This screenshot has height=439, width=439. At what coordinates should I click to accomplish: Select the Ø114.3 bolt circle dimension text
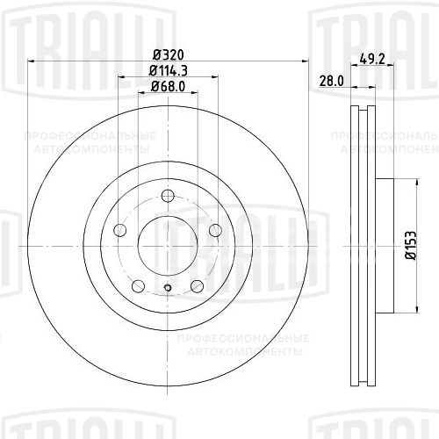[x=166, y=69]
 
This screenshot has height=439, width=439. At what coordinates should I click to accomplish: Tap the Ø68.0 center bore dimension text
[x=166, y=86]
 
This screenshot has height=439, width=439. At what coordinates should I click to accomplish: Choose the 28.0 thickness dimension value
[x=330, y=81]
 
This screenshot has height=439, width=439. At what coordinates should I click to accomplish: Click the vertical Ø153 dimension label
[x=409, y=244]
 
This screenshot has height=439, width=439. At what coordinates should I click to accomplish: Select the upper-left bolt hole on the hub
[x=121, y=230]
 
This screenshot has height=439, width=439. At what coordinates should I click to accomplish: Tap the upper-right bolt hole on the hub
[x=213, y=230]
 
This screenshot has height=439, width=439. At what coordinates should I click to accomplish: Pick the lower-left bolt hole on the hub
[x=138, y=284]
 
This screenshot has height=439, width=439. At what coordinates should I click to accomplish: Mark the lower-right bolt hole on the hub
[x=196, y=284]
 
